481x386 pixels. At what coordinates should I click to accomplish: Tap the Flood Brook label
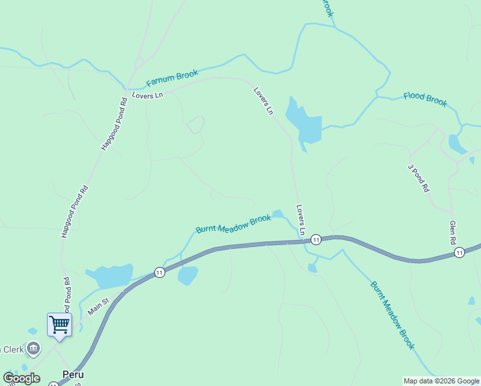pos(425,100)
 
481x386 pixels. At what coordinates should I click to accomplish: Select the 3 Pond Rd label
pos(418,178)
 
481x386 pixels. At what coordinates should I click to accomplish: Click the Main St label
pos(98,304)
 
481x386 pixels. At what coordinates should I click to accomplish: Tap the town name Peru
pos(73,374)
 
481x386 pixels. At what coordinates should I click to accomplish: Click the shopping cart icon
pos(59,324)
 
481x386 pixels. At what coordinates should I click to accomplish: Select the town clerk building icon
pos(33,349)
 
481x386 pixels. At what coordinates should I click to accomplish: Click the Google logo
pos(22,378)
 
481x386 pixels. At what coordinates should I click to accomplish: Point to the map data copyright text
pos(441,381)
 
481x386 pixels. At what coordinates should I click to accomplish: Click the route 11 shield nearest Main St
pos(159,273)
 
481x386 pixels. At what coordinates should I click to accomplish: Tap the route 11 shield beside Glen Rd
pos(459,253)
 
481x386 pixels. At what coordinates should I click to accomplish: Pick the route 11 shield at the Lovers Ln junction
pos(316,239)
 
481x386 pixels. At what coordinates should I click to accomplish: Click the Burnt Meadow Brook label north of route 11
pos(233,224)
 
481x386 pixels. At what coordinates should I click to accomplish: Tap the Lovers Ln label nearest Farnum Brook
pos(147,95)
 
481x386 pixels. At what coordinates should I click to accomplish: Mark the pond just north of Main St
pos(111,276)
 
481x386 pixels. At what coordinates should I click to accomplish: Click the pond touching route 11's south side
pos(188,275)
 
